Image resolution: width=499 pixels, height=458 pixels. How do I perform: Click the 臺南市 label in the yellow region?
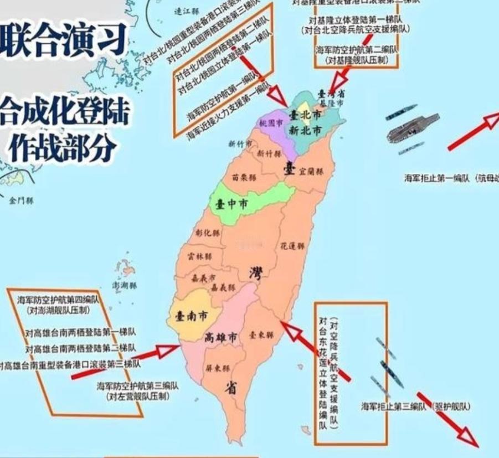(191, 316)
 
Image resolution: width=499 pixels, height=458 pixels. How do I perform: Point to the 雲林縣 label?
(200, 257)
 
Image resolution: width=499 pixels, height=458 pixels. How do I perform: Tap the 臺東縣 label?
(261, 335)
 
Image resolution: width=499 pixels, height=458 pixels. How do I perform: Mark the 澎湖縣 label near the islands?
(124, 286)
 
